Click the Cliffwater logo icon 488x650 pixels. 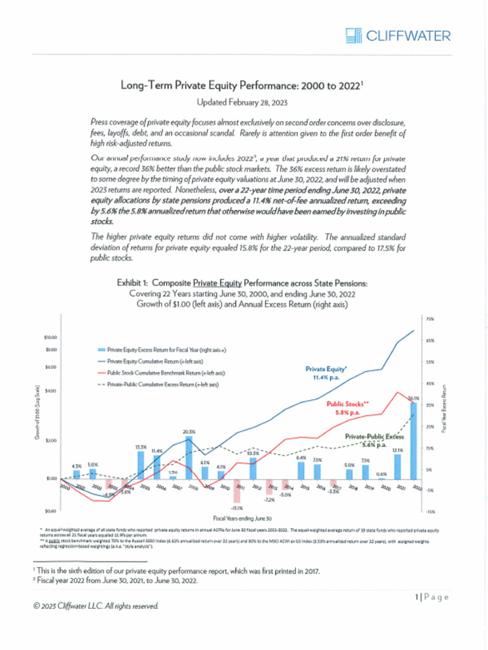pyautogui.click(x=354, y=35)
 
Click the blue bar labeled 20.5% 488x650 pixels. pyautogui.click(x=189, y=458)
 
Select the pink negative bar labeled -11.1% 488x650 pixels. pyautogui.click(x=236, y=491)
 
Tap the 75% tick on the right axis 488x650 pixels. pyautogui.click(x=430, y=319)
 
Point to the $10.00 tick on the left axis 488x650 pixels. pyautogui.click(x=50, y=337)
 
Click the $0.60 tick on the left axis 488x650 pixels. pyautogui.click(x=51, y=510)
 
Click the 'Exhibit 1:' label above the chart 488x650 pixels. pyautogui.click(x=133, y=282)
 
